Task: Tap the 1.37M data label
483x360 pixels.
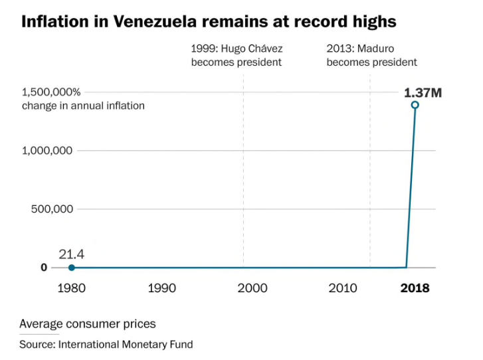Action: tap(423, 92)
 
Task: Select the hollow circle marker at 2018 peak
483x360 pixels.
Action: tap(415, 105)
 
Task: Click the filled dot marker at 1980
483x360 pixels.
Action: tap(71, 268)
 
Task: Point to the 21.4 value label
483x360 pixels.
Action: tap(71, 254)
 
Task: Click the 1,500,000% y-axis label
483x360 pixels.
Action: tap(52, 92)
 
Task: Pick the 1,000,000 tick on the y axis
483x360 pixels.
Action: tap(47, 151)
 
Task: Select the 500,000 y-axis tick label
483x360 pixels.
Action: tap(52, 209)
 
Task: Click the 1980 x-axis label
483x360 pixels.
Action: tap(71, 288)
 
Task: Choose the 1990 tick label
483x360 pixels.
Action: tap(161, 288)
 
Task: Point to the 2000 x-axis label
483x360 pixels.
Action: tap(252, 288)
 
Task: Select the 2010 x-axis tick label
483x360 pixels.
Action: tap(343, 288)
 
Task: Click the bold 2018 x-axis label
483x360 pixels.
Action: tap(415, 288)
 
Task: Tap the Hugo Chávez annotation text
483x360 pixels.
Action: tap(237, 55)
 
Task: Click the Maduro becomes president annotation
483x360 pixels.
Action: tap(371, 55)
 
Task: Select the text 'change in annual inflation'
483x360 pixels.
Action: tap(83, 106)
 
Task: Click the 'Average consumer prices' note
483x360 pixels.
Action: tap(88, 324)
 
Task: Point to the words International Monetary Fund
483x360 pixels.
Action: tap(125, 344)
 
